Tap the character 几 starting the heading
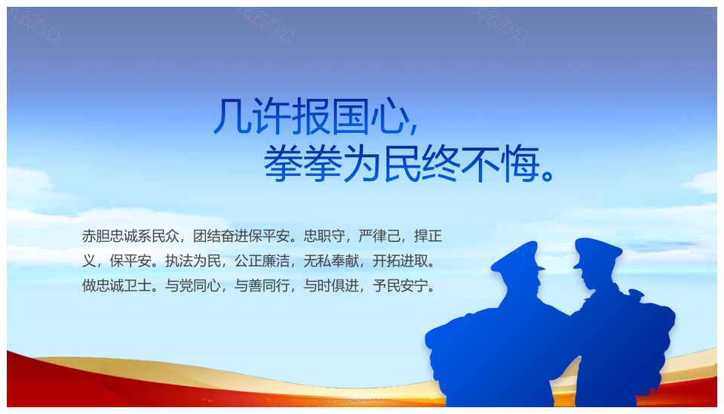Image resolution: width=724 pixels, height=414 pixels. point(232,116)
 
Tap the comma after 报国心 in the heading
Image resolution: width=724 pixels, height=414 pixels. point(413,127)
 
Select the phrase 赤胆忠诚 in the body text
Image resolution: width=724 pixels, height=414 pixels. point(110,236)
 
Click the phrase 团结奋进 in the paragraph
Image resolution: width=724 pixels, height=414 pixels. point(221,236)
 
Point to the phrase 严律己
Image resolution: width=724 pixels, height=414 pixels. point(379,236)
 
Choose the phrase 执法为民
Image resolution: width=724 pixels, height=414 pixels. point(193,261)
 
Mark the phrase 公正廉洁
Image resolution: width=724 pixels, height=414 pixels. point(262,261)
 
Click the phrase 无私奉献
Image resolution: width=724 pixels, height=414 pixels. point(331,261)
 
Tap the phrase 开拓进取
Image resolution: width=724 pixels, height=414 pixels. point(400,261)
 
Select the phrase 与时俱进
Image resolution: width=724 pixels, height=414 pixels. point(331,286)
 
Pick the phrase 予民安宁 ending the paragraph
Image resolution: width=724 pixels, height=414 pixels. point(400,286)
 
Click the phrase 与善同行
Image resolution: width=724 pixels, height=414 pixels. point(262,286)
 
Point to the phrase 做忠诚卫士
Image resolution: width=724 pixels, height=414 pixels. point(117,286)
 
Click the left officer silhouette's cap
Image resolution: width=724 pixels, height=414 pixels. point(517,257)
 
